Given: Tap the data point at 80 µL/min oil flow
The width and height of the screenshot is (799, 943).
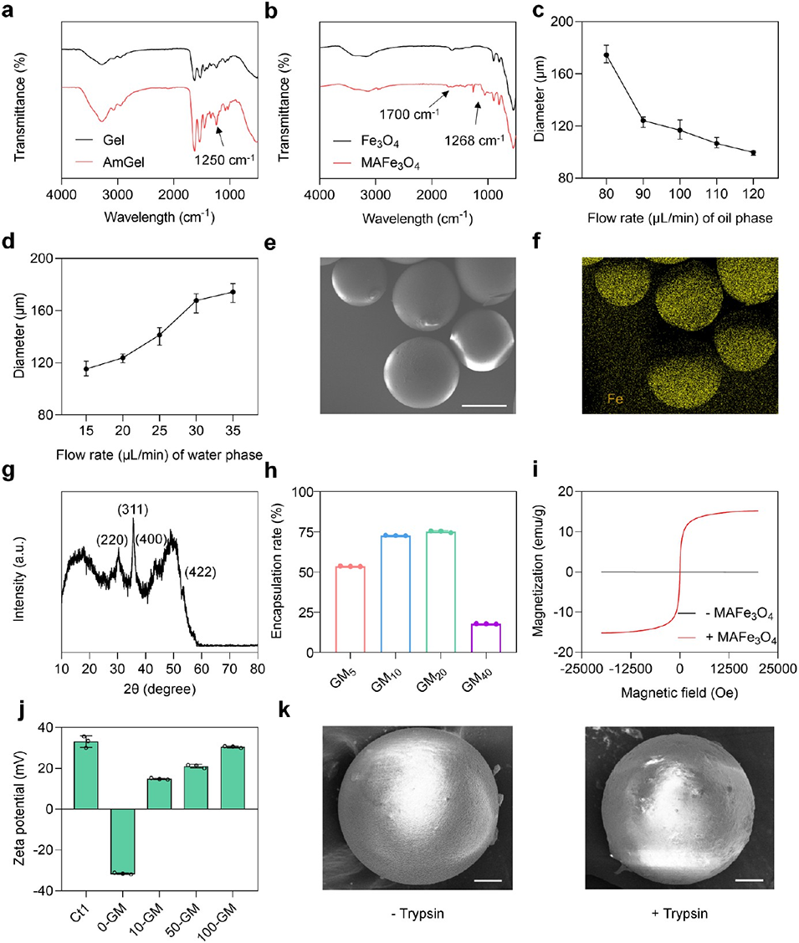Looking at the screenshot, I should (x=607, y=55).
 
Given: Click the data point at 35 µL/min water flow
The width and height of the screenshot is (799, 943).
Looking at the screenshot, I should (x=233, y=292).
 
